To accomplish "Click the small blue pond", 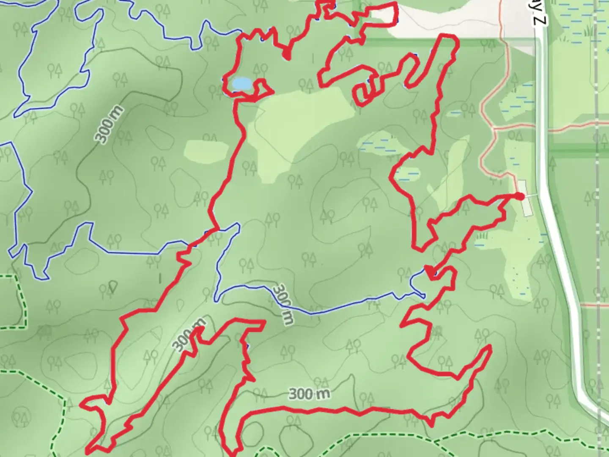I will point(241,83).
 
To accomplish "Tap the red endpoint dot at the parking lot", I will point(520,196).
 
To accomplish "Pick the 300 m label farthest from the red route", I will point(109,125).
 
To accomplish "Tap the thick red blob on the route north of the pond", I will point(287,55).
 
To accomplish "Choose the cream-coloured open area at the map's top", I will point(444,21).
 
